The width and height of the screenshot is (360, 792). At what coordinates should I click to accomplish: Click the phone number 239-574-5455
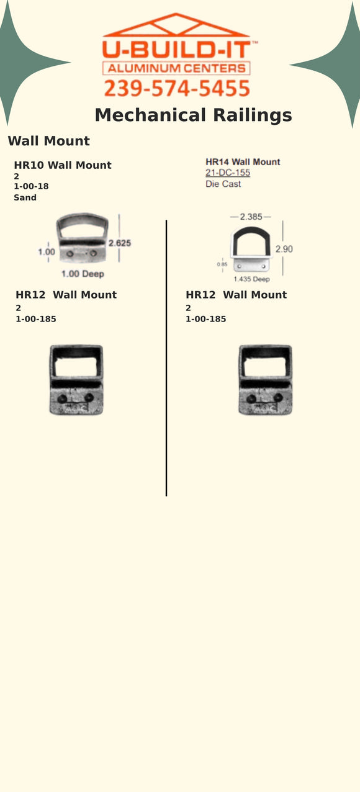[177, 89]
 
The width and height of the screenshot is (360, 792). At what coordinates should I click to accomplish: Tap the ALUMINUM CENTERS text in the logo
[177, 68]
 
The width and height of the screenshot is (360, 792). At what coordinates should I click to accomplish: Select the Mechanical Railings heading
[193, 115]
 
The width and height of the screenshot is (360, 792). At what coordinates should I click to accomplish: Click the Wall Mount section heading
[48, 141]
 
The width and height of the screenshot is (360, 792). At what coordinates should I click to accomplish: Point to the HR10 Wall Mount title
[63, 165]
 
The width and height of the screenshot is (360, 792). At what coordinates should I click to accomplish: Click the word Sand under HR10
[25, 197]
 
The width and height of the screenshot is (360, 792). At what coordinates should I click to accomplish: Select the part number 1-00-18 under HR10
[31, 186]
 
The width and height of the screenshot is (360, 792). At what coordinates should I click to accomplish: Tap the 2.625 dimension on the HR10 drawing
[120, 243]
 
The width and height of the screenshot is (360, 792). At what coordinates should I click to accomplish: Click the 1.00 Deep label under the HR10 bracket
[83, 274]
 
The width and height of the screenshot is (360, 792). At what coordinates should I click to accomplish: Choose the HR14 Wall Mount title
[243, 162]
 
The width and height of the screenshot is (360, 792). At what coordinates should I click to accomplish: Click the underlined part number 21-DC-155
[228, 173]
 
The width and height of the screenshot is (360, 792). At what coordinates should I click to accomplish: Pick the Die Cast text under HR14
[223, 184]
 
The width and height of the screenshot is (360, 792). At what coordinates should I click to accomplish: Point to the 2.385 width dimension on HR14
[251, 217]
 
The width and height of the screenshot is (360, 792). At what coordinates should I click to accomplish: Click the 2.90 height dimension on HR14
[284, 249]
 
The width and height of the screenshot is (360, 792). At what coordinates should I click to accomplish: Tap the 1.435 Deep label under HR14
[251, 279]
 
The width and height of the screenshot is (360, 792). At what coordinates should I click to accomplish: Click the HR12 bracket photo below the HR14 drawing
[265, 380]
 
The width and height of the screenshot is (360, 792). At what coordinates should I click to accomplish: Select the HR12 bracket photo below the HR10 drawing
[76, 380]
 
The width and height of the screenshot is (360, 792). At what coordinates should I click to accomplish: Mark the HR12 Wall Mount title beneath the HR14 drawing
[236, 295]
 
